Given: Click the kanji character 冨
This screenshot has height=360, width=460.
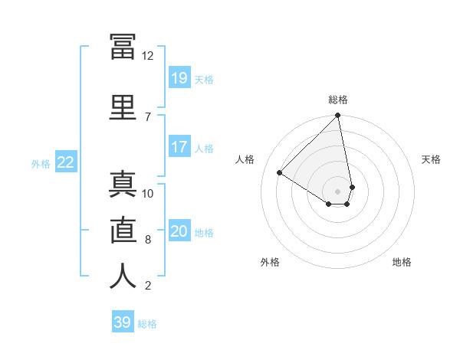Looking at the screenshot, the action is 123,47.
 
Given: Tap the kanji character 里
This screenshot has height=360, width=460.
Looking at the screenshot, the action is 123,107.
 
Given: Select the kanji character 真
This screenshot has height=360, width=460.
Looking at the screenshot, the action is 123,185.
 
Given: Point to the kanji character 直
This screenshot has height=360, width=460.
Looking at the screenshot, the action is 123,230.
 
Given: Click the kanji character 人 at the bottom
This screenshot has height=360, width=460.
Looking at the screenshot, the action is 123,276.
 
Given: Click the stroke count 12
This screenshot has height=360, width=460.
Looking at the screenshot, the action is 147,56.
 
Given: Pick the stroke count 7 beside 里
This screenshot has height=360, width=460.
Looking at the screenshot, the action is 148,117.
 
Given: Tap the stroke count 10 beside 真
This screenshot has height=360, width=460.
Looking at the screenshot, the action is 147,194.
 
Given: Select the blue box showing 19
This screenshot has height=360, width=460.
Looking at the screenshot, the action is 179,77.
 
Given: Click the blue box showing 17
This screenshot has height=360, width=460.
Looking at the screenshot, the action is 179,146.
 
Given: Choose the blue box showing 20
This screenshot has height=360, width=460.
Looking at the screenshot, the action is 179,230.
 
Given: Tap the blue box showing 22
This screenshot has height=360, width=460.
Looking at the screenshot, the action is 66,162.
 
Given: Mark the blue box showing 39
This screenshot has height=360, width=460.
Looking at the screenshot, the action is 123,321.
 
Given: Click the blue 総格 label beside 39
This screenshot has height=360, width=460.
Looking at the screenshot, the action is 147,324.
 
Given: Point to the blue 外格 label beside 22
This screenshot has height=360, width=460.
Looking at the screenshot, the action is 41,164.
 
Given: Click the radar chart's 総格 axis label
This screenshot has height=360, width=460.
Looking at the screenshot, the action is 338,100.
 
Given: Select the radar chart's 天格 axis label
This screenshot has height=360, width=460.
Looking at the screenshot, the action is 431,159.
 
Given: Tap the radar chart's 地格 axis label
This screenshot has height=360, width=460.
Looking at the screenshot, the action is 402,262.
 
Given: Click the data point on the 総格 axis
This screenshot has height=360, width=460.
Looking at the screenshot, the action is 337,115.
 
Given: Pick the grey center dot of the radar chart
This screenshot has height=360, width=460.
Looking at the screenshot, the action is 337,191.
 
